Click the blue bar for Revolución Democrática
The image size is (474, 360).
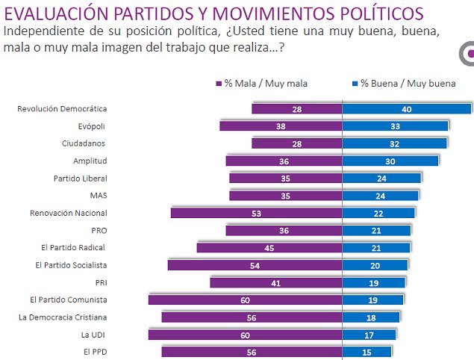click(406, 109)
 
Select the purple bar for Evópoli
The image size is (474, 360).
click(281, 126)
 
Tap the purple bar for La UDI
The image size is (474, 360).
click(245, 335)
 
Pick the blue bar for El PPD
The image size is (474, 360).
click(367, 352)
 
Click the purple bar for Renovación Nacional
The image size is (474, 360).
click(256, 213)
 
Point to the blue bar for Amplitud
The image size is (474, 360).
click(390, 161)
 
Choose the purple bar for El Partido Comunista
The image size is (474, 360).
click(245, 300)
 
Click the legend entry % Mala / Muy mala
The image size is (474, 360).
click(261, 84)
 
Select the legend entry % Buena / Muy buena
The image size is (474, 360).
click(403, 84)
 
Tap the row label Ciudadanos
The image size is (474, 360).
click(84, 143)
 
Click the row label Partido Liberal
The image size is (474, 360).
click(80, 178)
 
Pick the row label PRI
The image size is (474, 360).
click(99, 282)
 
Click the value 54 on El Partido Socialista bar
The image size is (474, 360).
click(255, 265)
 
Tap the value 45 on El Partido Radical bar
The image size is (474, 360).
click(269, 248)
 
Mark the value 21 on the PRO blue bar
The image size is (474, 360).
click(377, 231)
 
